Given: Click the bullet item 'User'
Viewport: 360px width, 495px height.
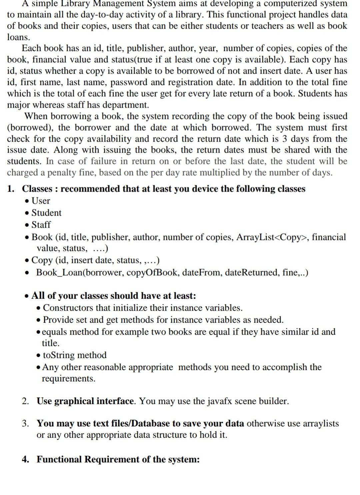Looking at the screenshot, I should click(41, 201).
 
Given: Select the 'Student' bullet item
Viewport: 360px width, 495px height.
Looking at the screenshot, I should click(46, 213).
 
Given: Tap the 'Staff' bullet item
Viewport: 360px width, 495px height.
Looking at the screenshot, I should click(41, 225).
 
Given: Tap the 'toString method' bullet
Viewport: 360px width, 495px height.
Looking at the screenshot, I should click(75, 355).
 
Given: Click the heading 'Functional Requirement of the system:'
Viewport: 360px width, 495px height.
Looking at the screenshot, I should click(118, 459).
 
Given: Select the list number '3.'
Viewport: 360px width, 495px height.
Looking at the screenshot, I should click(25, 423).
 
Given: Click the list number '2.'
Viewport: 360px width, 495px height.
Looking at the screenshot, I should click(25, 401).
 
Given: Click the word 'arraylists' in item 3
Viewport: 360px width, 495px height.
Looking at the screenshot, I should click(321, 423).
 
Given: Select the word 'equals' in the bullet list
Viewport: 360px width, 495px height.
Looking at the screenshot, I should click(55, 332).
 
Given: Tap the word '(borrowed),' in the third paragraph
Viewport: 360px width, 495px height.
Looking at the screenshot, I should click(30, 128).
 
